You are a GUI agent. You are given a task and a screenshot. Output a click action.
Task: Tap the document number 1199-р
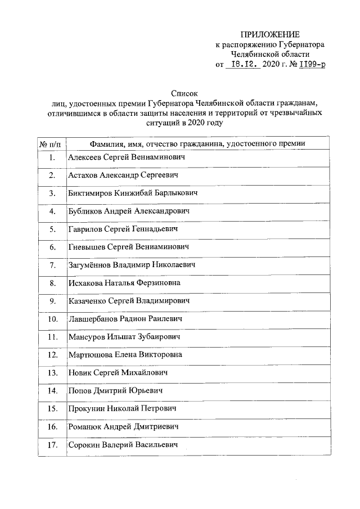[311, 65]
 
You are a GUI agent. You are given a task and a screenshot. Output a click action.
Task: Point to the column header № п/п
[51, 143]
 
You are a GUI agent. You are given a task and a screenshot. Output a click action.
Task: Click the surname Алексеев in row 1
[86, 158]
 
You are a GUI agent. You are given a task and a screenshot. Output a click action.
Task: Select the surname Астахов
[85, 175]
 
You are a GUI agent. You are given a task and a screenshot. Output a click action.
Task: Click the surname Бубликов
[85, 211]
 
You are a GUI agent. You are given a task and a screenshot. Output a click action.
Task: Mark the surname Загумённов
[90, 265]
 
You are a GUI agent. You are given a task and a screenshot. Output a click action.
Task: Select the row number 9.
[52, 301]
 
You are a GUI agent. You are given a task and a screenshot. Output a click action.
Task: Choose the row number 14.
[52, 390]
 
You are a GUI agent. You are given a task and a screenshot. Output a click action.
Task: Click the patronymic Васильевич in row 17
[153, 445]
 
